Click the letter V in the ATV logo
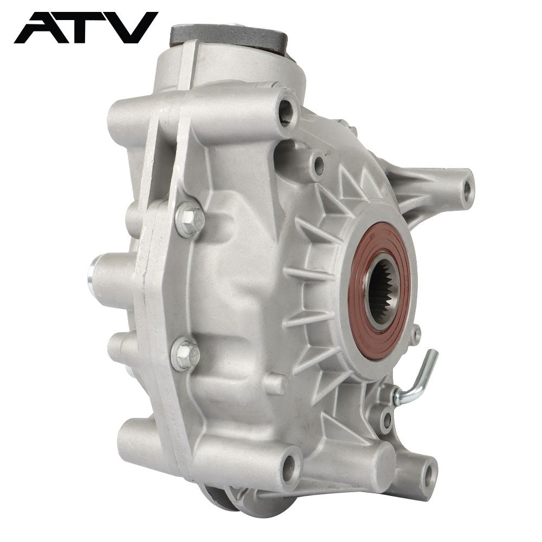[132, 28]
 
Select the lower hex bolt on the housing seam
[185, 354]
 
